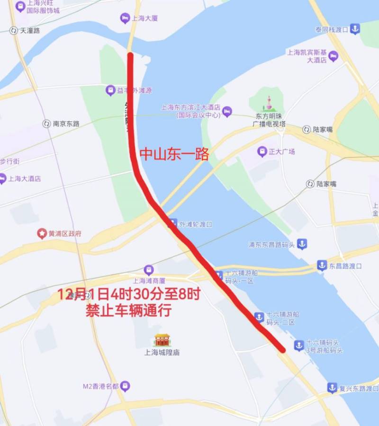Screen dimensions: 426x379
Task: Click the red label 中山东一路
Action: (x=174, y=154)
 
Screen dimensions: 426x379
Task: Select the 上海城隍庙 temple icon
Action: (x=162, y=339)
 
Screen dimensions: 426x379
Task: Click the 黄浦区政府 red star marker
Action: (x=42, y=233)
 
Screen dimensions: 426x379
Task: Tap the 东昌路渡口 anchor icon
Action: (x=322, y=266)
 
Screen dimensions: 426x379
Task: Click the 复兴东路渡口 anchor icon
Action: (x=333, y=388)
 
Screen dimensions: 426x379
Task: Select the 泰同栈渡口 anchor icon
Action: (x=355, y=29)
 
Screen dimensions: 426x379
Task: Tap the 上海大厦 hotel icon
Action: (x=125, y=18)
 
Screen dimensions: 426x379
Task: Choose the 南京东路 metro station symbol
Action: (x=46, y=124)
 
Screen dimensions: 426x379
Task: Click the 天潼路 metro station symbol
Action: (x=13, y=30)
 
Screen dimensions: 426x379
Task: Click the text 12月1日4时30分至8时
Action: (x=129, y=294)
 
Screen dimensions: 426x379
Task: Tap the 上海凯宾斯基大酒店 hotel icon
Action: (x=334, y=56)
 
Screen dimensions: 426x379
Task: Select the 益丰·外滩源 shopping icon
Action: (x=110, y=89)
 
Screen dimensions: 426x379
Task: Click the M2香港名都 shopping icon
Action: (x=125, y=386)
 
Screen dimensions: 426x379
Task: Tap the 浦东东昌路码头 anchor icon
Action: (x=302, y=244)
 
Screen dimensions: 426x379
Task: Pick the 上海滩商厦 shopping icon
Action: (x=149, y=270)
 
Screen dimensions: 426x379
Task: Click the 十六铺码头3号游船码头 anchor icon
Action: (x=299, y=346)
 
